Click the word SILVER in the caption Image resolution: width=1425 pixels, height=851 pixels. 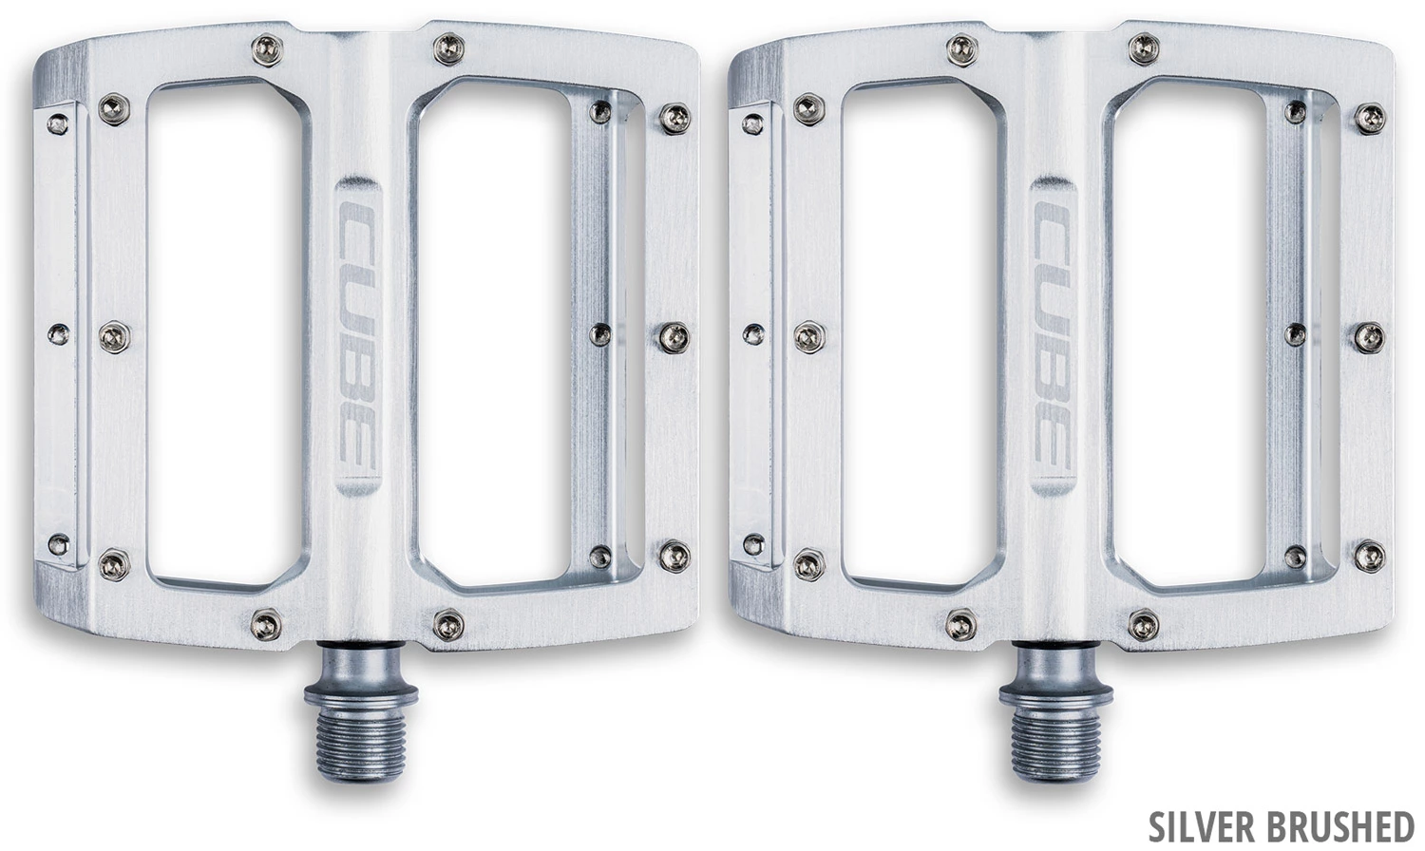point(1200,827)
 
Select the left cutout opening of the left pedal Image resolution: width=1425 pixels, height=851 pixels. point(224,335)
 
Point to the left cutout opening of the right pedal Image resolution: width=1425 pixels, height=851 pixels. point(920,335)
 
